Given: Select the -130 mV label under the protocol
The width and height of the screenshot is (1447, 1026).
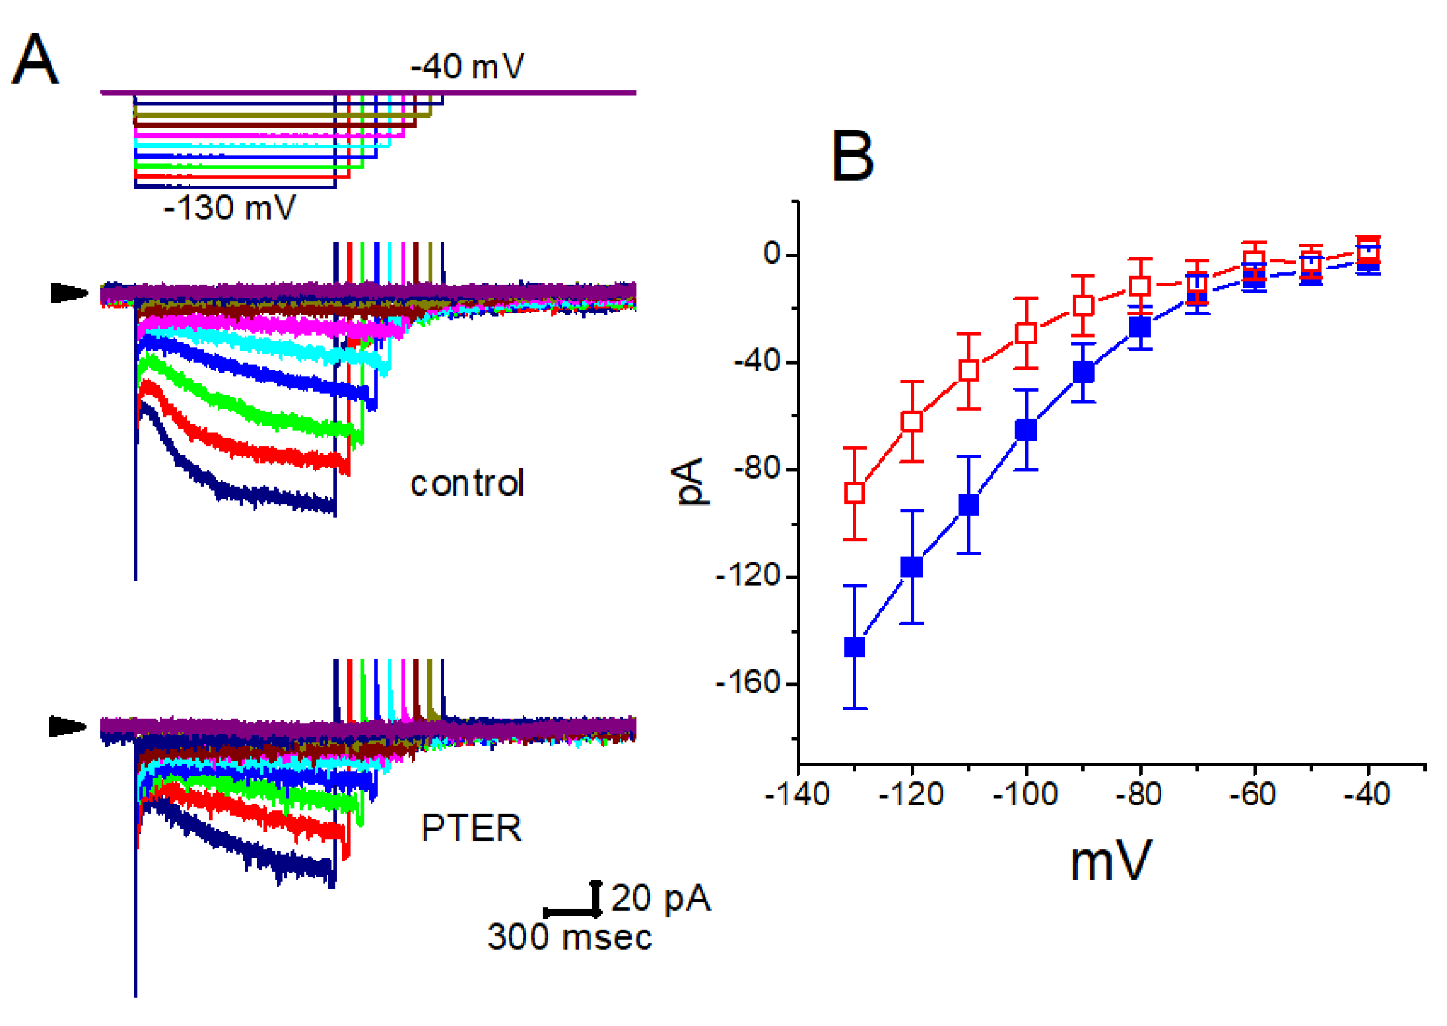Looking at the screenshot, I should [229, 208].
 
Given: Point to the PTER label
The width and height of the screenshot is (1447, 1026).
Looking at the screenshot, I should [471, 828].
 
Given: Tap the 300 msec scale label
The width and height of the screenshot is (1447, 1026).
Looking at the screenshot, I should [569, 937].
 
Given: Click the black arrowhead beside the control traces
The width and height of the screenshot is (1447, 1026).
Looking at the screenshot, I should [68, 293].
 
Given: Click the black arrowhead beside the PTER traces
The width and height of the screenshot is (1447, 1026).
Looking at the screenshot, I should [67, 726].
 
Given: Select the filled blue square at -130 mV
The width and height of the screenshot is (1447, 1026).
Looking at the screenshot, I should [855, 647].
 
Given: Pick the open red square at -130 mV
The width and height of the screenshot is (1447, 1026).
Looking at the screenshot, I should [855, 493].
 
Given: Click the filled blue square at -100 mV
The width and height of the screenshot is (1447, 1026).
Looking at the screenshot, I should [1026, 430].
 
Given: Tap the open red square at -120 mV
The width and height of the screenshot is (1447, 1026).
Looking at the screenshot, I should [911, 421].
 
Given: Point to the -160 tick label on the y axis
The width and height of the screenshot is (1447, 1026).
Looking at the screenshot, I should [748, 683].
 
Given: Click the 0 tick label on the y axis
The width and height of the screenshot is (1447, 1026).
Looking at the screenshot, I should [772, 254].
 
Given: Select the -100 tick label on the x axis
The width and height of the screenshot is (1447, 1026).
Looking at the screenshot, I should [1025, 794].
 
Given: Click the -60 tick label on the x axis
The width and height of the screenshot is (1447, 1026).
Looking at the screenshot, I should [1252, 794].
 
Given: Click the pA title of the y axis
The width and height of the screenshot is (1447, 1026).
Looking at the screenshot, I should [689, 482].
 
